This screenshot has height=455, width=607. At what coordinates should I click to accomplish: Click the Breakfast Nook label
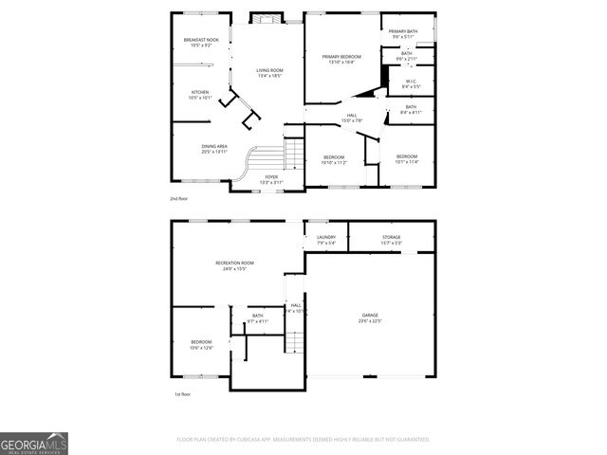point(200,42)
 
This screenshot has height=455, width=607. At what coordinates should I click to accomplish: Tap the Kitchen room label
point(199,95)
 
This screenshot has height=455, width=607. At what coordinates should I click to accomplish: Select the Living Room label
point(270,73)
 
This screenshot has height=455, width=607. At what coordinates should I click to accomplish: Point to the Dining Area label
point(214,149)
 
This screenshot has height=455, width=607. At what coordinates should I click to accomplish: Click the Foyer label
point(271,178)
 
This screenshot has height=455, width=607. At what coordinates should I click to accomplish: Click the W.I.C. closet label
point(409,83)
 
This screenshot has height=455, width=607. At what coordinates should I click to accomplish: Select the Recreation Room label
point(234,265)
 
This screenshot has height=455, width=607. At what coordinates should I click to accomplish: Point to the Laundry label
point(326,240)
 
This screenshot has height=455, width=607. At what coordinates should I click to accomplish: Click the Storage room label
point(392,240)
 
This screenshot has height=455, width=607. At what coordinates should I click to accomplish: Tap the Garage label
point(370,318)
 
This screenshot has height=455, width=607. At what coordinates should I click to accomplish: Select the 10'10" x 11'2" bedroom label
point(334,159)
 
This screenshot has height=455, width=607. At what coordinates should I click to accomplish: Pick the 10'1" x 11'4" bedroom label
point(406,159)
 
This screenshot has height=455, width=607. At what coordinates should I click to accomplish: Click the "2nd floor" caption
point(179,199)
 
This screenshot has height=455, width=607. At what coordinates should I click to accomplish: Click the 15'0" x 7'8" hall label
point(352,118)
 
